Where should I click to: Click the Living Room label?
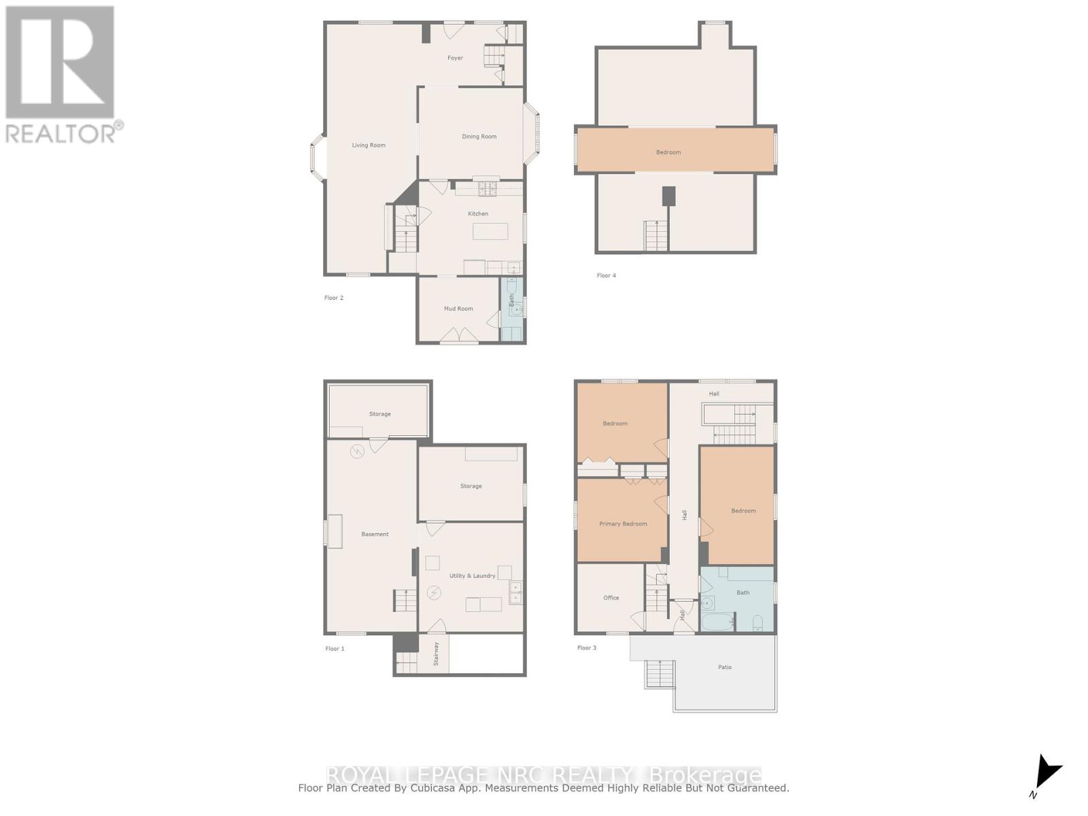pyautogui.click(x=369, y=146)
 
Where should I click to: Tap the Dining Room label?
pyautogui.click(x=479, y=137)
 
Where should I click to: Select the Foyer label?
pyautogui.click(x=455, y=58)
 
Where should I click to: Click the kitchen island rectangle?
pyautogui.click(x=490, y=231)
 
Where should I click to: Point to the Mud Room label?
pyautogui.click(x=458, y=309)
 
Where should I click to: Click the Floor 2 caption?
pyautogui.click(x=334, y=298)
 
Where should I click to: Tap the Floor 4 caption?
pyautogui.click(x=607, y=275)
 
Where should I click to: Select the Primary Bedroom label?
pyautogui.click(x=623, y=524)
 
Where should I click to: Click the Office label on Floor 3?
pyautogui.click(x=611, y=598)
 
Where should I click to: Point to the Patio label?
pyautogui.click(x=725, y=667)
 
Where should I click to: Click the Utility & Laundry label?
pyautogui.click(x=472, y=576)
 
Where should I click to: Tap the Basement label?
pyautogui.click(x=375, y=534)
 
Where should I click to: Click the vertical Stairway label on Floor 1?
pyautogui.click(x=437, y=653)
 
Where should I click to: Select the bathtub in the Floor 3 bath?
pyautogui.click(x=718, y=622)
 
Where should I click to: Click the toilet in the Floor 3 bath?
pyautogui.click(x=758, y=622)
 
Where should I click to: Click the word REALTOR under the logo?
pyautogui.click(x=61, y=133)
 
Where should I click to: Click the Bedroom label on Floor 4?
pyautogui.click(x=668, y=152)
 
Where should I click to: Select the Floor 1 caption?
pyautogui.click(x=335, y=649)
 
